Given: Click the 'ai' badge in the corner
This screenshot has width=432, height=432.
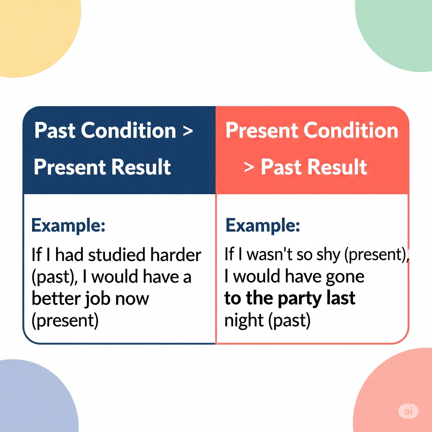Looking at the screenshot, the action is pyautogui.click(x=408, y=411).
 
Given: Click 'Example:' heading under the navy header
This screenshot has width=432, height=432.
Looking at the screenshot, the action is pyautogui.click(x=68, y=226).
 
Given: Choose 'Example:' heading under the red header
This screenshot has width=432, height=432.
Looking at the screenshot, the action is pyautogui.click(x=262, y=226).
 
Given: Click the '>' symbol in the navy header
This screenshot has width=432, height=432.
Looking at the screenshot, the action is pyautogui.click(x=188, y=131).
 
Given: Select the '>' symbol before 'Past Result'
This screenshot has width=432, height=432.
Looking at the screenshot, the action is pyautogui.click(x=249, y=167).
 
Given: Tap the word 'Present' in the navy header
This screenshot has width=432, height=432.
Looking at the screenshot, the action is pyautogui.click(x=70, y=167).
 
